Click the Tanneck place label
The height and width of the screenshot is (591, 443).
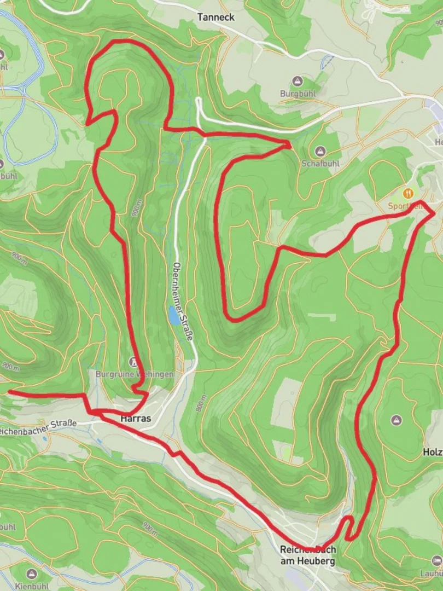[x=216, y=18]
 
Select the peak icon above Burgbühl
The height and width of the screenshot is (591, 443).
[x=297, y=81]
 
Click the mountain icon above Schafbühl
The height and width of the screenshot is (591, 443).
[x=319, y=150]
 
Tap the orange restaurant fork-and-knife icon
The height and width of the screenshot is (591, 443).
[x=407, y=193]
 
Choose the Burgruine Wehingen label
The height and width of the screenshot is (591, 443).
[x=134, y=374]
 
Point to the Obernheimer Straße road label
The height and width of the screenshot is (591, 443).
[x=183, y=302]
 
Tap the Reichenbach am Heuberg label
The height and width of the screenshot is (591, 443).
[x=307, y=554]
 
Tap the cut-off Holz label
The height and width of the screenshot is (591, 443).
[x=433, y=453]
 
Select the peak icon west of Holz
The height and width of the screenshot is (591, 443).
[x=397, y=420]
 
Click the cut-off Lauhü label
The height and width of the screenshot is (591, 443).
[x=432, y=573]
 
